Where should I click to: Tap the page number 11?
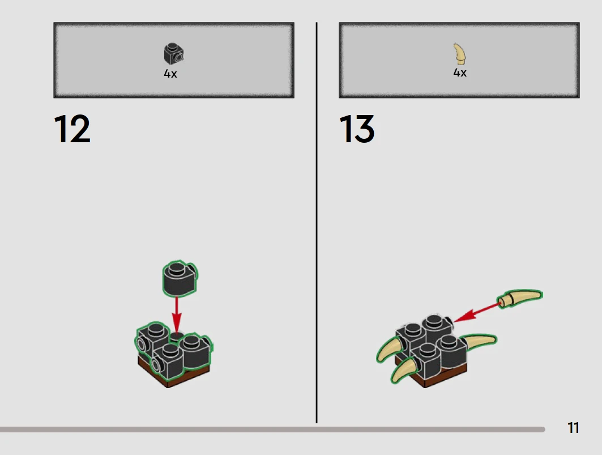click(573, 428)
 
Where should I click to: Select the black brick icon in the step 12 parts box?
click(174, 53)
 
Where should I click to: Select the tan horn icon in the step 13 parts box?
click(460, 54)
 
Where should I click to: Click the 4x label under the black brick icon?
click(170, 74)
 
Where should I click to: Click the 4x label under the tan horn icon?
click(460, 73)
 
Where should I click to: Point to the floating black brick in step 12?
click(180, 278)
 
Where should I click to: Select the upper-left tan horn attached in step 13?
click(391, 348)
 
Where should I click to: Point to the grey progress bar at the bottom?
click(272, 430)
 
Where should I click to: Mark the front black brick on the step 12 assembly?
click(167, 361)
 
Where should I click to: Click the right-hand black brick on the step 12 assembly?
click(195, 351)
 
